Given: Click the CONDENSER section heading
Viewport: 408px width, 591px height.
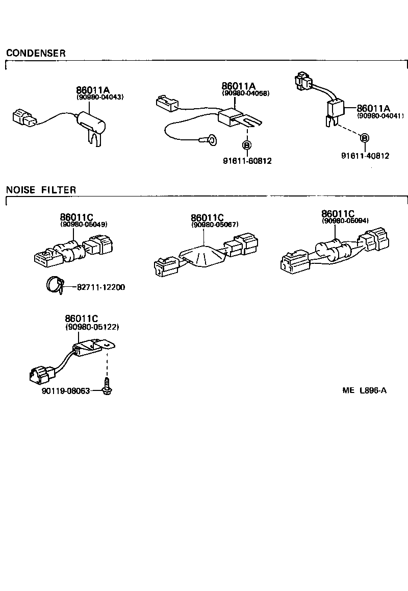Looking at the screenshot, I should point(36,53).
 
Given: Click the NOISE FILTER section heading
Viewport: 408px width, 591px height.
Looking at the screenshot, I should point(41,190).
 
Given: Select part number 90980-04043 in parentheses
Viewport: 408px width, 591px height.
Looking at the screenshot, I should point(100,97).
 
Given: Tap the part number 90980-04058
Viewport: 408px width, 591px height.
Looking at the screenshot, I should point(245,93).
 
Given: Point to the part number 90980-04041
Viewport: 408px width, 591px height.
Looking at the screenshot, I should point(380,116).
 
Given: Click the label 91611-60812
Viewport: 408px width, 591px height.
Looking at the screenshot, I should point(247,161).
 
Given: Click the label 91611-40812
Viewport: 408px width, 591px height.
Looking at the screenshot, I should point(365,156).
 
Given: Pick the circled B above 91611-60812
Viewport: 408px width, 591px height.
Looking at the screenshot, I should point(246,145).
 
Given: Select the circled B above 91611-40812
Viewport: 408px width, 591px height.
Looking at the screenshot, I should point(364,138).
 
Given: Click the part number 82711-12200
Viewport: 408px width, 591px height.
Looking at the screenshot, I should point(101,287).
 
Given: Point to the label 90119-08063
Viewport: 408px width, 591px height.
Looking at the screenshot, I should point(65,391).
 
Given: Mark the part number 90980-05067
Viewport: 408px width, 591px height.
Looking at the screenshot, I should point(215,225).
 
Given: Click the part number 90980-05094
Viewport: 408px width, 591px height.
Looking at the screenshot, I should point(345,221).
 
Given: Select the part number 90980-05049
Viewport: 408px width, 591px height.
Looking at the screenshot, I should point(84,224).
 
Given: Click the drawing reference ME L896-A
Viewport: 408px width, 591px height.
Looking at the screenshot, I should point(364,391).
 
